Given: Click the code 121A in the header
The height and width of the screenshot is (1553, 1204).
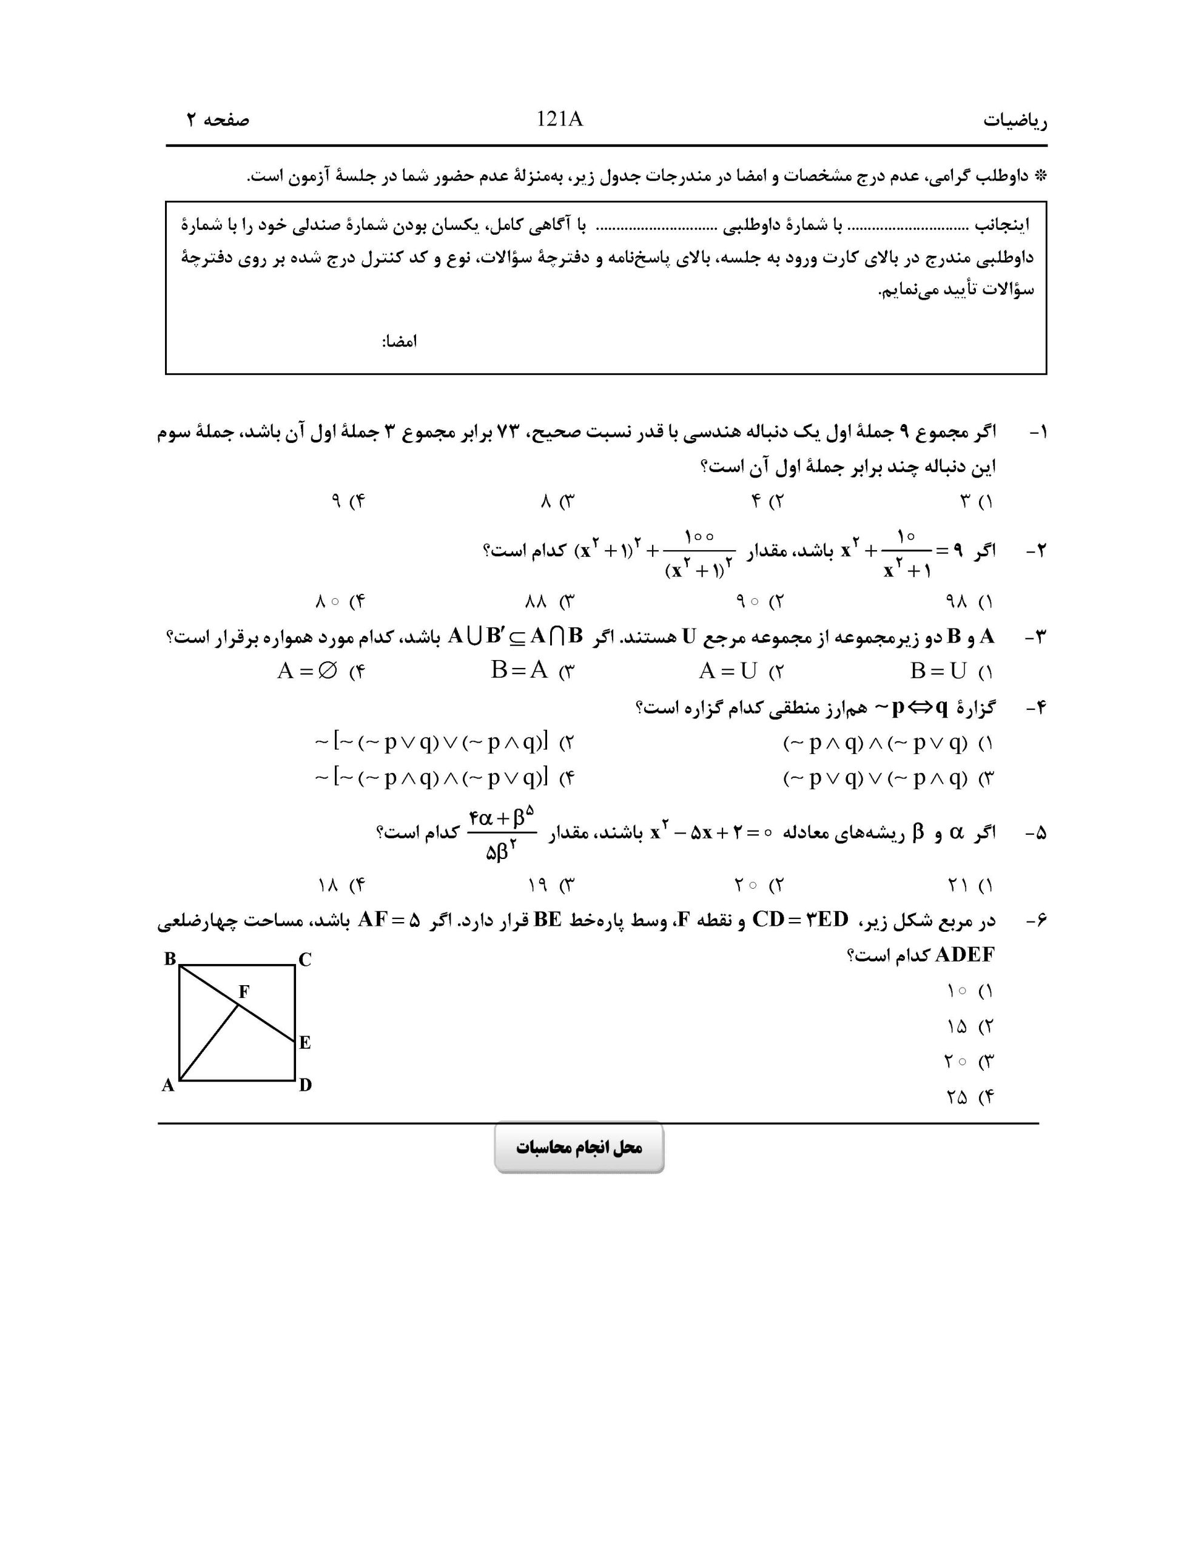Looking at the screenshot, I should (560, 120).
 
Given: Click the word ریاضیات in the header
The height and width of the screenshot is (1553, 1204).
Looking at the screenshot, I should (1015, 121).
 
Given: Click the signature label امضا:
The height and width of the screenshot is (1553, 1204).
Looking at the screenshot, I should (399, 342).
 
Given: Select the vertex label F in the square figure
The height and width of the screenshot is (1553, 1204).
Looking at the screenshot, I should (244, 991).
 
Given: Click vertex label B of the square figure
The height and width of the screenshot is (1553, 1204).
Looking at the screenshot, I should (170, 958).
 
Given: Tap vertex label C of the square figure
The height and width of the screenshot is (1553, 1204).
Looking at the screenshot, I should (304, 960).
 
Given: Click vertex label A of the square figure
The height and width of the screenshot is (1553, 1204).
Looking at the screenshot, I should (168, 1085).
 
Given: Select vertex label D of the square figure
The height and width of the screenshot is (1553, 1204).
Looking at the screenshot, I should (305, 1085).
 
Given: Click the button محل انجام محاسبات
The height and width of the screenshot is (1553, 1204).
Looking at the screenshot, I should (579, 1148).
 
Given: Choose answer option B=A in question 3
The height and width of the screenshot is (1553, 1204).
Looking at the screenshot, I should (519, 670).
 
